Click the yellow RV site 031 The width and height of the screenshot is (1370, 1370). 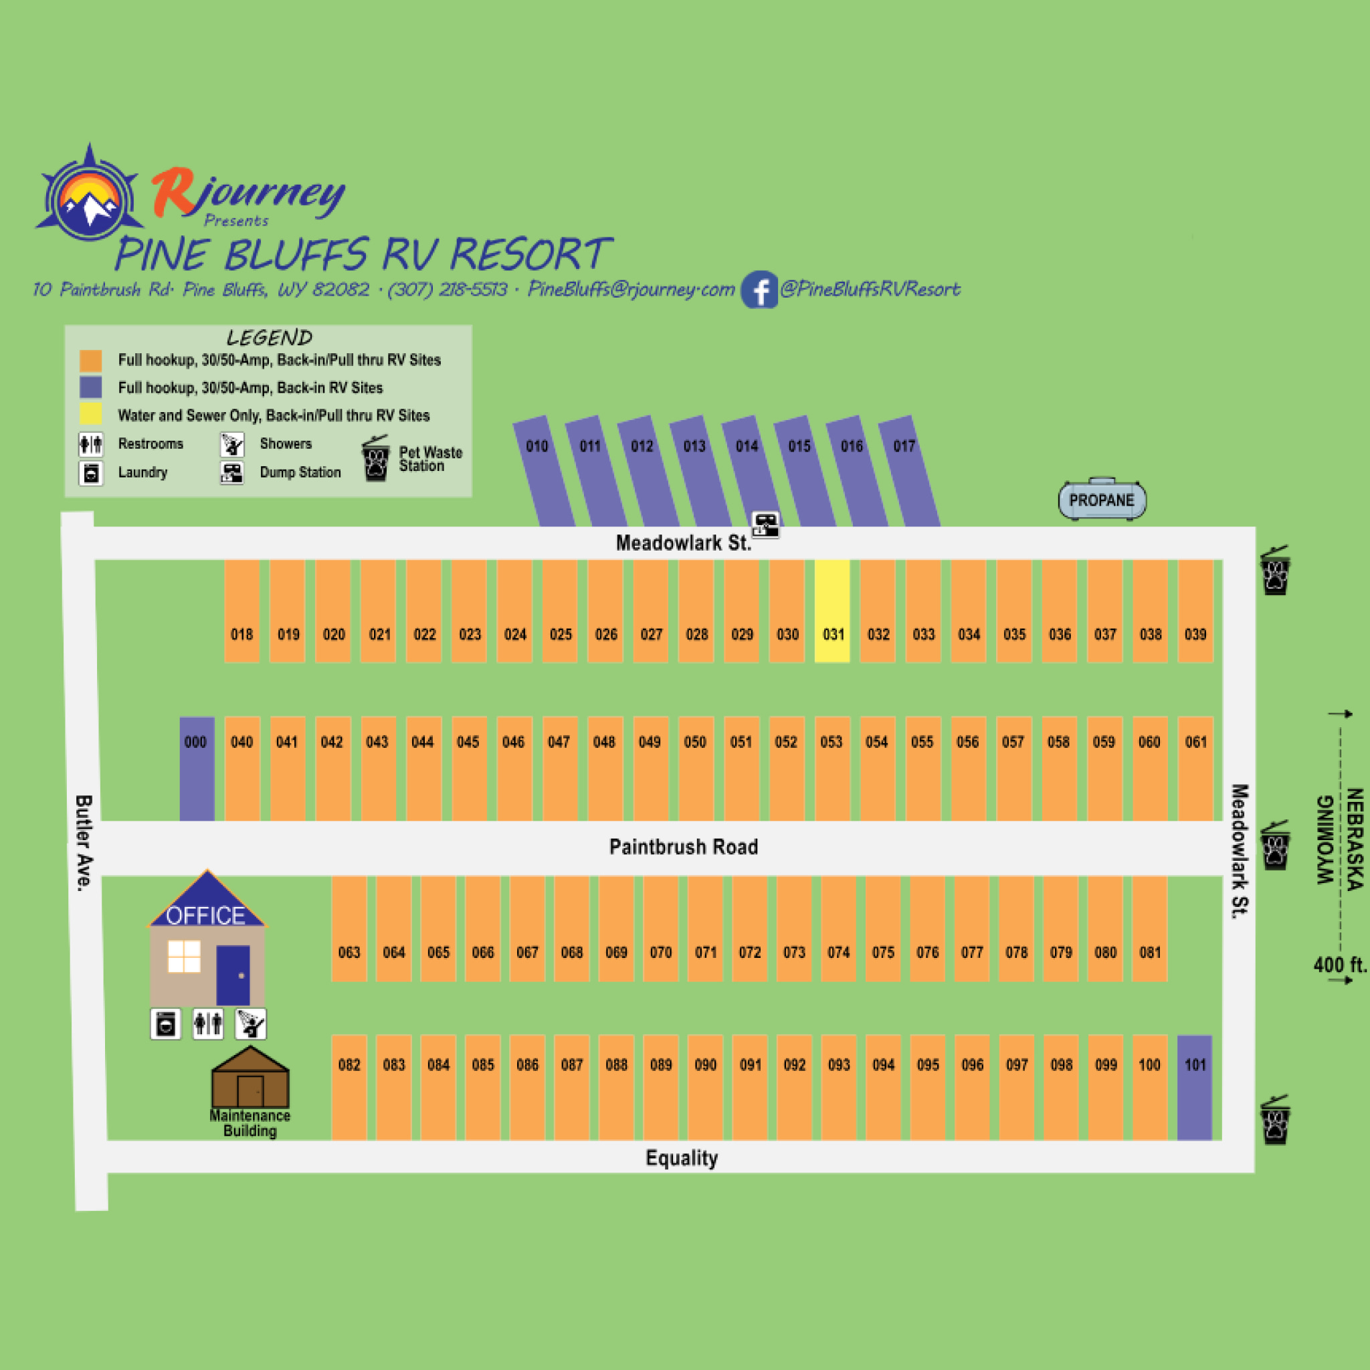click(x=831, y=611)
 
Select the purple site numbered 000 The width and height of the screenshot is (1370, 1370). click(x=197, y=769)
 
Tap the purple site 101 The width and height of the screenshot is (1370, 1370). click(x=1195, y=1087)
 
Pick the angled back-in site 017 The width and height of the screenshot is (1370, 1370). click(x=909, y=471)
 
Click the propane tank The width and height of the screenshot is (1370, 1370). click(x=1102, y=499)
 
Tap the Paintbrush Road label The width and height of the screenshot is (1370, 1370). click(x=684, y=847)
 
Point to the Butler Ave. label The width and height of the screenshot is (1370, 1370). click(x=84, y=842)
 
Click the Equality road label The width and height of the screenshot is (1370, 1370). click(x=682, y=1158)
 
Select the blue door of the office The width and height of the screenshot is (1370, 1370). click(x=233, y=975)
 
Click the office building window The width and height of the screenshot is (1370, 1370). click(x=184, y=956)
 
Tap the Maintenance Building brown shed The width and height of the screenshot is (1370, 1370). click(x=250, y=1076)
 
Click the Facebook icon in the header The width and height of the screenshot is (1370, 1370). click(x=759, y=290)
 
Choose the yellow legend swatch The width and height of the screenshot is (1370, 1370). click(x=91, y=414)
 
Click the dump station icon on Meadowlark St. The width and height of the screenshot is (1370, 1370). click(x=765, y=524)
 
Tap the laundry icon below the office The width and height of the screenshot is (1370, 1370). click(x=165, y=1024)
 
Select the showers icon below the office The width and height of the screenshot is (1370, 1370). click(x=250, y=1024)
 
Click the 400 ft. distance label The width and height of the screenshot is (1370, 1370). click(x=1339, y=965)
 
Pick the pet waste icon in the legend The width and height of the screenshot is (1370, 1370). click(x=376, y=459)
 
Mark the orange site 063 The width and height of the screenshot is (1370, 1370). click(x=349, y=929)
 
